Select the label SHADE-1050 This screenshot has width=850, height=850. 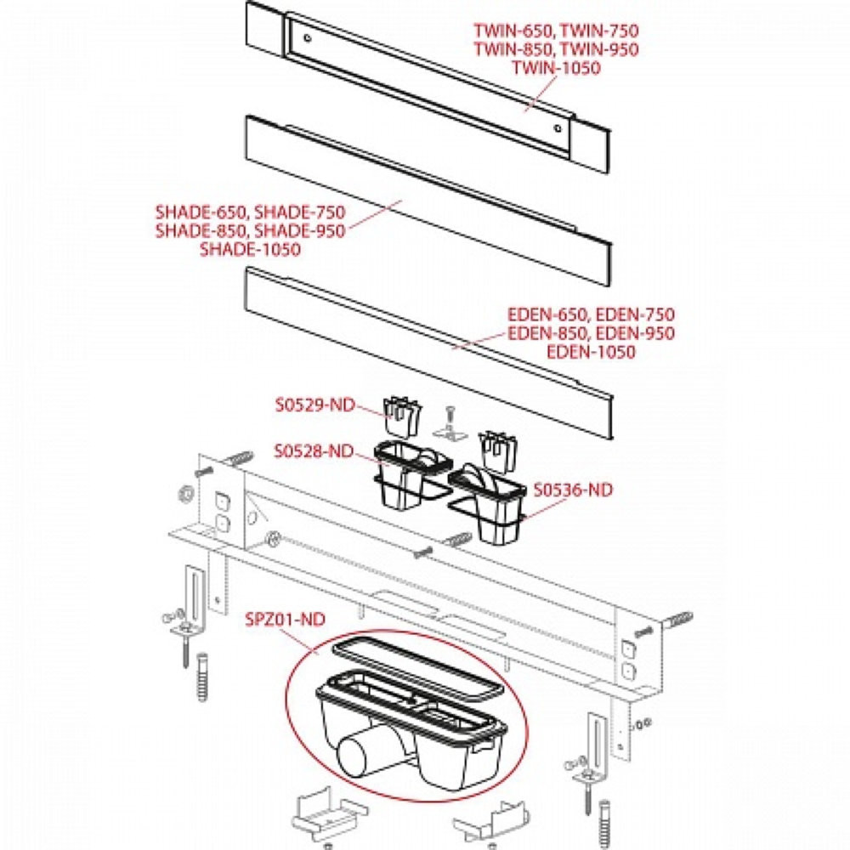[250, 249]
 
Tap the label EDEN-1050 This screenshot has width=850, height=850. [591, 352]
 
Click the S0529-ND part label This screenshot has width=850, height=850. [314, 405]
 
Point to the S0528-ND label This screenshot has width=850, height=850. [314, 450]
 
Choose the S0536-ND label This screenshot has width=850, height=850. [573, 489]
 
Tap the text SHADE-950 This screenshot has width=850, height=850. [299, 230]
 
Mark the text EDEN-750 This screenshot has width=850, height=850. [633, 314]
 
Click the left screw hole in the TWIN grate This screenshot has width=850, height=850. [308, 38]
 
